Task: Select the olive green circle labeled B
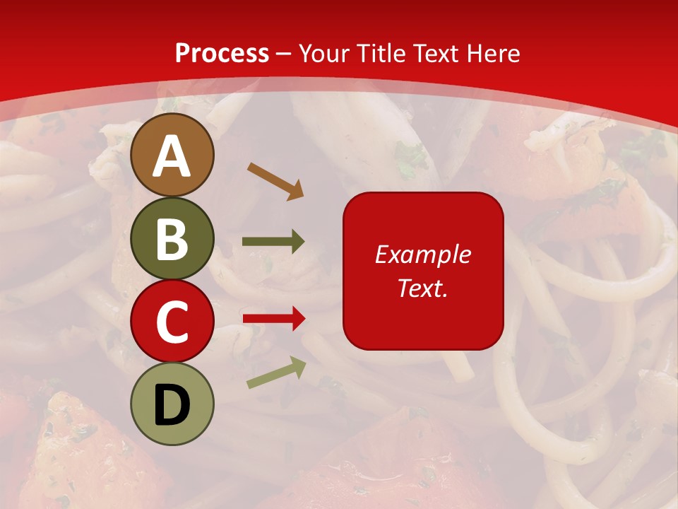point(172,239)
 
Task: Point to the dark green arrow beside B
point(273,242)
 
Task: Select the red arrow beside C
point(274,319)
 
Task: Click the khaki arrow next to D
point(276,373)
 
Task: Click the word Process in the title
point(222,53)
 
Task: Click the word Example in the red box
point(422,255)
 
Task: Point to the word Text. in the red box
point(422,288)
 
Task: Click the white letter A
point(172,157)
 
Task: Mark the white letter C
point(172,322)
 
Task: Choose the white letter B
point(172,239)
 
